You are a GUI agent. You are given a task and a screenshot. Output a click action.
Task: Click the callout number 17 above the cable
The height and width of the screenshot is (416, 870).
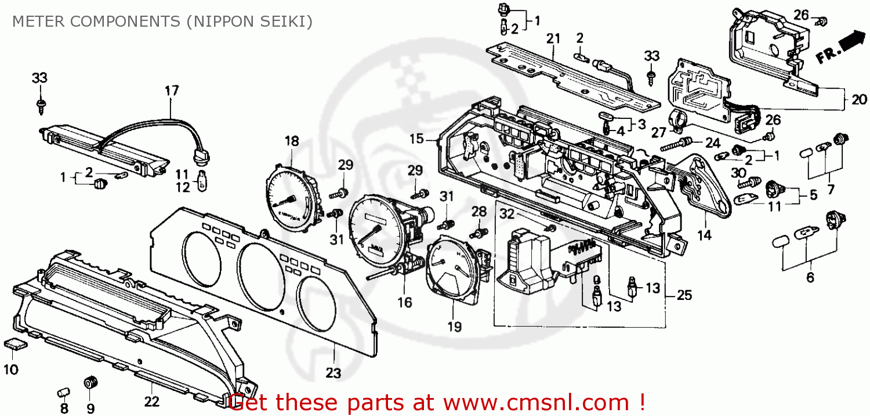(x=172, y=91)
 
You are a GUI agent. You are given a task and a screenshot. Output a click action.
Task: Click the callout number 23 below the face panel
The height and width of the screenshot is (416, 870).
(x=333, y=373)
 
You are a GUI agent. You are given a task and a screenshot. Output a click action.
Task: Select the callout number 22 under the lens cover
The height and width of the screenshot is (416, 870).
(x=151, y=400)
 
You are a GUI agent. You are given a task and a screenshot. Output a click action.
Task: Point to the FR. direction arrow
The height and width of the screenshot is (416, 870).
(x=840, y=48)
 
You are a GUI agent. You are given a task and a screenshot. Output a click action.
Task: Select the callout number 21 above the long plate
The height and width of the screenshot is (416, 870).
(x=553, y=39)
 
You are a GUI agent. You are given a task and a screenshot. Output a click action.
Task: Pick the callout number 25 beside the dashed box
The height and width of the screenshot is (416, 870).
(x=684, y=295)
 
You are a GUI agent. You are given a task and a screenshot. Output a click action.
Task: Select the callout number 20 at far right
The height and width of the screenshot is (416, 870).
(x=859, y=100)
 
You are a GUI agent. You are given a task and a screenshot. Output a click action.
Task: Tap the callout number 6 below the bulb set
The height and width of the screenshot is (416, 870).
(x=810, y=278)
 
